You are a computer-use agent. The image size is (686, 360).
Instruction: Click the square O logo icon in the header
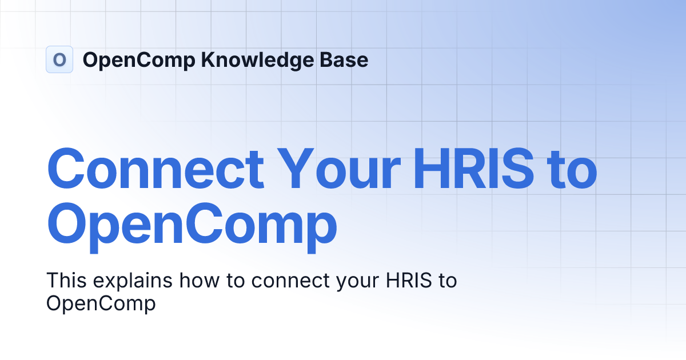[59, 59]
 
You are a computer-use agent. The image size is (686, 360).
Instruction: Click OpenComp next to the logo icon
[139, 60]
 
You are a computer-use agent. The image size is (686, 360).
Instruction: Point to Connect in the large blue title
[155, 170]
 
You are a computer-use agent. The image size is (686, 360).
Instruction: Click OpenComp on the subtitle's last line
[101, 303]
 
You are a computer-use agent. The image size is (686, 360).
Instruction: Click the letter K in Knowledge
[206, 60]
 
